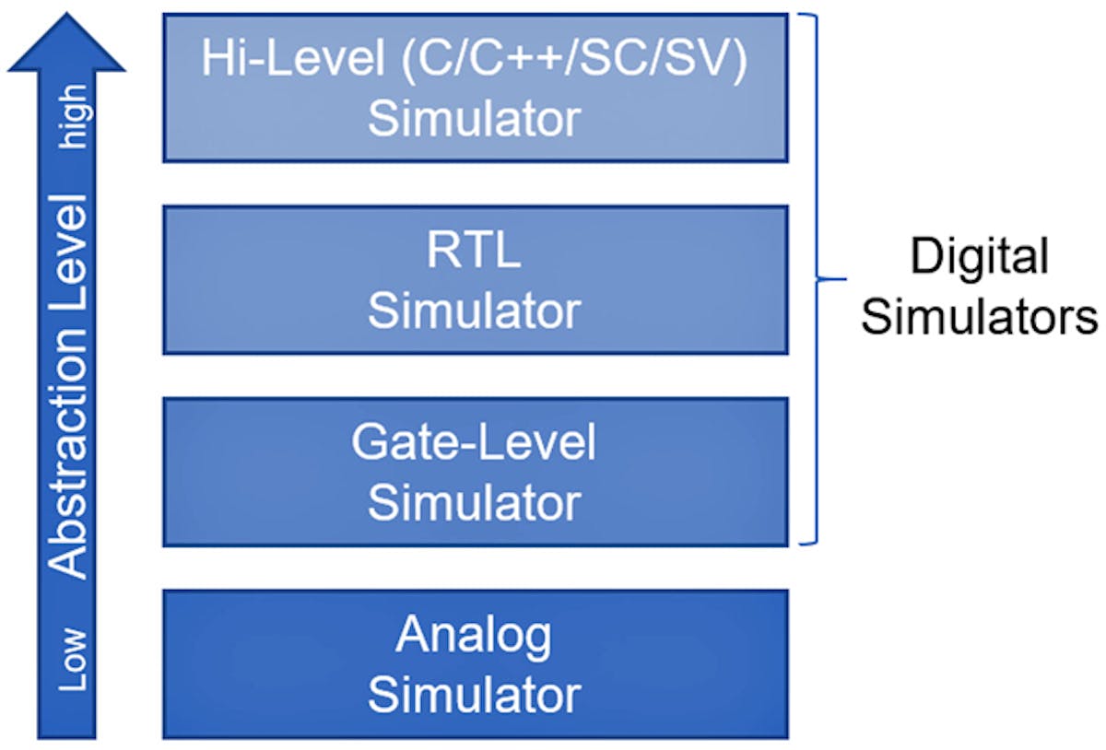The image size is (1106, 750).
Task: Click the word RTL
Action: (x=474, y=252)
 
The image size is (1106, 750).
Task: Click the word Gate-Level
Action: (x=474, y=443)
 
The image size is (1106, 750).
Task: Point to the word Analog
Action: (x=474, y=636)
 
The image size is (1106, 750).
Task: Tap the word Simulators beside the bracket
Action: (x=979, y=316)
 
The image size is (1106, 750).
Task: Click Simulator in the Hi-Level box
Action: (x=474, y=120)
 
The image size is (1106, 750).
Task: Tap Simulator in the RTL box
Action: (x=474, y=311)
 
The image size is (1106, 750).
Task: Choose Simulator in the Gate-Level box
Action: (x=474, y=503)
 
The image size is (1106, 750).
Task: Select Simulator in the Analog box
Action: (x=474, y=695)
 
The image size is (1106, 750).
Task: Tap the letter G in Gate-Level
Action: (x=367, y=443)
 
